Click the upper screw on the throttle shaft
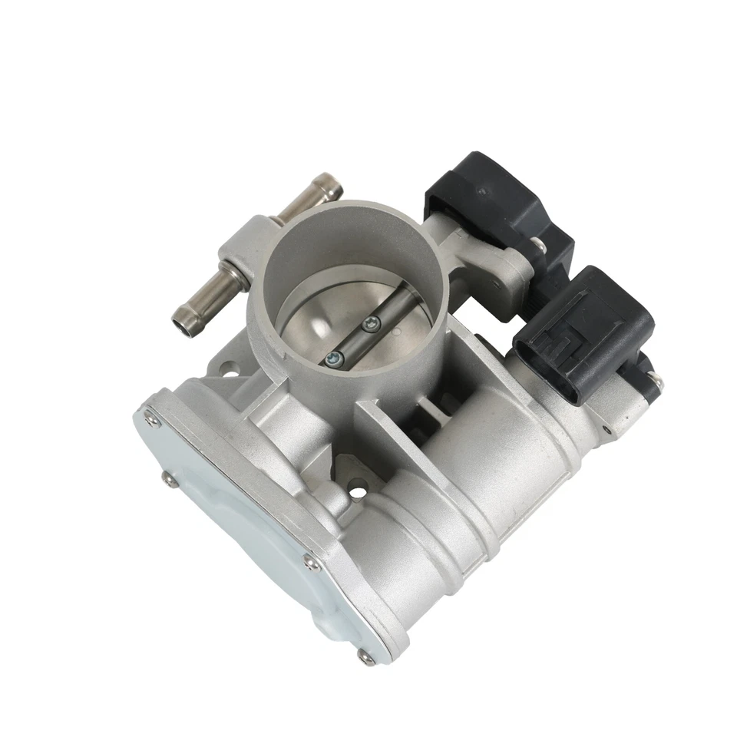click(x=372, y=325)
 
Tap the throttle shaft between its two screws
click(x=352, y=340)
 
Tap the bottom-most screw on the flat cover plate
click(x=362, y=654)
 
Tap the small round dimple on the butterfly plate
click(x=397, y=332)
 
